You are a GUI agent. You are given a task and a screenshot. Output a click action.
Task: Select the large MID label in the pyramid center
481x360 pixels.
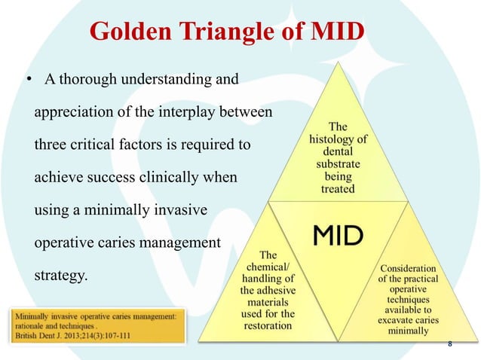338,235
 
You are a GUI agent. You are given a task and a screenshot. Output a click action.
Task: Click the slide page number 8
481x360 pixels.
450,343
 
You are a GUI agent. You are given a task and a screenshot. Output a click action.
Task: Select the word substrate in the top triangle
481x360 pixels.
338,164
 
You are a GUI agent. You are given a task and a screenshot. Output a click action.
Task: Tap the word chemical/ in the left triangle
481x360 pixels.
267,267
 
